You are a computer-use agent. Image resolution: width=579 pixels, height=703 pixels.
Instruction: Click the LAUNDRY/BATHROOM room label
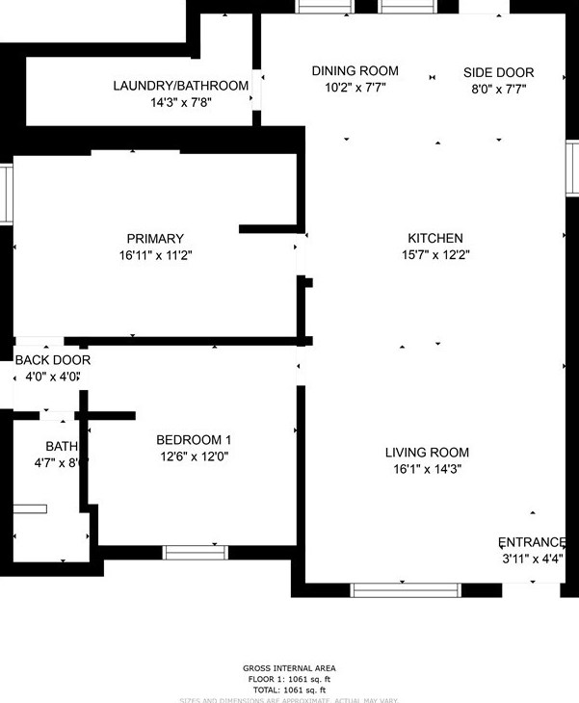click(181, 86)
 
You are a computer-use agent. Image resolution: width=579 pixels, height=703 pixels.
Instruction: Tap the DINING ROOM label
click(355, 71)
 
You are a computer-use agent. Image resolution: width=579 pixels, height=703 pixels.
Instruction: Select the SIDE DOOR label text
click(498, 72)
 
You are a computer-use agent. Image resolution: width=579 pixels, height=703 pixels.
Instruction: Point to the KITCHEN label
click(435, 238)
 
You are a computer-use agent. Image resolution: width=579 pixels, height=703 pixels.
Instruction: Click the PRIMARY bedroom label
click(154, 239)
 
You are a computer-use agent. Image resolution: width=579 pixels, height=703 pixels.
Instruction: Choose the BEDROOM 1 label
click(194, 439)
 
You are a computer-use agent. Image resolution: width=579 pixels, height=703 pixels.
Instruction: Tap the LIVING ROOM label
click(427, 453)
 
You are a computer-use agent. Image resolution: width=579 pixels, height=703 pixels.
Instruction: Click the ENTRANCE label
click(532, 542)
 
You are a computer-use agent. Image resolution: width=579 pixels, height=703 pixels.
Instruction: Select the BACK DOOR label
click(52, 360)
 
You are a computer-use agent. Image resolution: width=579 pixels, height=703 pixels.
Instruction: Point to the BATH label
click(61, 446)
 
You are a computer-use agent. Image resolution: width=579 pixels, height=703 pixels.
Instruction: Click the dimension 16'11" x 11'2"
click(154, 256)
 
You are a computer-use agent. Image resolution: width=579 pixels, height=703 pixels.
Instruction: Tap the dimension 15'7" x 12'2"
click(435, 255)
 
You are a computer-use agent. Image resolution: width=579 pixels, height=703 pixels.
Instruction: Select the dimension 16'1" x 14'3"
click(427, 470)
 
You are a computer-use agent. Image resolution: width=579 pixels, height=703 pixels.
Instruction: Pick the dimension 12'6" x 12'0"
click(194, 456)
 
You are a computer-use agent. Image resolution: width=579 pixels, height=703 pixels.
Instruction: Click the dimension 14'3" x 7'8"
click(181, 102)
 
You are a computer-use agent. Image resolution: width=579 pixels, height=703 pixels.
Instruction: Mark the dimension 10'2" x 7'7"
click(355, 89)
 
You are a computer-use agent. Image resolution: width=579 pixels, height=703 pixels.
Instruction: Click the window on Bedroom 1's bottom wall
click(195, 552)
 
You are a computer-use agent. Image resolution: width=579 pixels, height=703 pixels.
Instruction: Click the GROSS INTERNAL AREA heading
click(289, 668)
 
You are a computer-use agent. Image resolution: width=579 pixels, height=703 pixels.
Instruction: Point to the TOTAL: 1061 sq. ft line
click(289, 690)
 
